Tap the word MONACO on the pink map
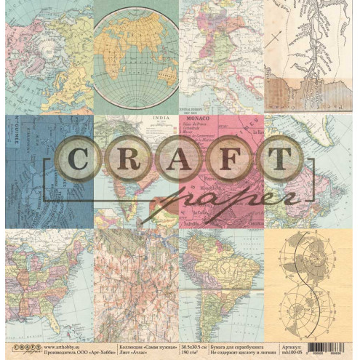point(198,125)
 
